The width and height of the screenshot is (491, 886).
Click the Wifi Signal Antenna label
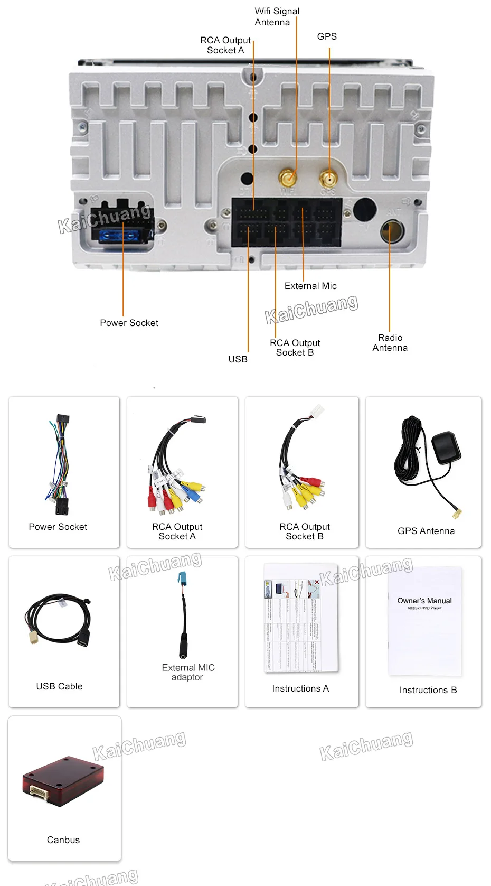click(277, 17)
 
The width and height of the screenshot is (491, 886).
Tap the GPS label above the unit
click(327, 36)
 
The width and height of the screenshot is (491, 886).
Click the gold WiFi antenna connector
click(288, 177)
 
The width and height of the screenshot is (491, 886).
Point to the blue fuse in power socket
click(122, 235)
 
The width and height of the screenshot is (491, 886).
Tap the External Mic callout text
click(310, 286)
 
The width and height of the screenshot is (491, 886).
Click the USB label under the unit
click(238, 359)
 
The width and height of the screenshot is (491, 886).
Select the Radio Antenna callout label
click(390, 342)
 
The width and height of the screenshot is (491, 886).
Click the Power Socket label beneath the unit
click(129, 323)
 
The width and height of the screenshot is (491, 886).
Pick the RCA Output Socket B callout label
click(295, 348)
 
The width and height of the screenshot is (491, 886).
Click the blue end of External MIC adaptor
click(182, 578)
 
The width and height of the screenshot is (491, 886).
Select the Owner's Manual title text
click(424, 601)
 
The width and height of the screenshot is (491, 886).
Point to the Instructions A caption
click(300, 688)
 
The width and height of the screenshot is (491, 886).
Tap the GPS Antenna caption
click(426, 531)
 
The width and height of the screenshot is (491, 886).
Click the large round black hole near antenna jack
click(364, 209)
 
